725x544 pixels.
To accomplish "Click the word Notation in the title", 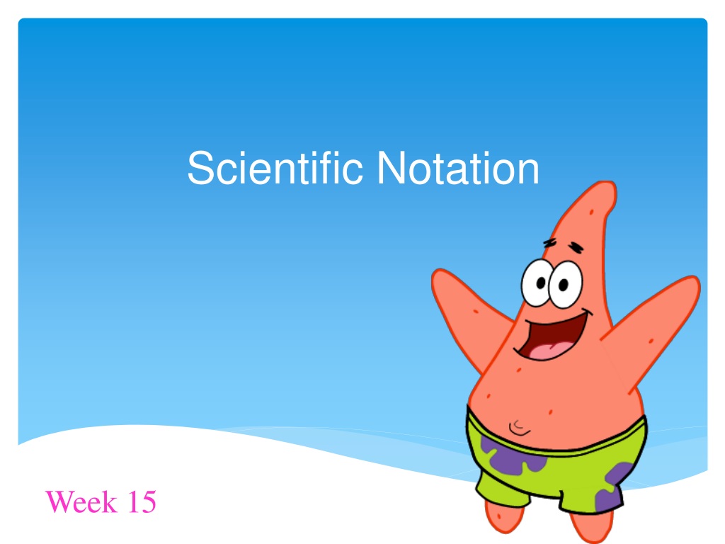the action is point(458,169).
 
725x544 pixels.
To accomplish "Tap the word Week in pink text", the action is point(81,501).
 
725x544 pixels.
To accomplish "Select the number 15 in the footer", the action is point(142,501).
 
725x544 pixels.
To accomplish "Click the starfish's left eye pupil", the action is point(542,283).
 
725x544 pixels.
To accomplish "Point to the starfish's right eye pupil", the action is point(563,285).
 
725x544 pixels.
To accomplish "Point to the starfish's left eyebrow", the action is point(549,242).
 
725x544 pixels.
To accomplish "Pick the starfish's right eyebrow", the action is point(576,247).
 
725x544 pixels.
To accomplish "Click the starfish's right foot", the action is point(592,526).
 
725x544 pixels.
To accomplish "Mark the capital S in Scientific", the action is point(200,168).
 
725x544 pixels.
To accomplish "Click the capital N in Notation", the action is point(391,167).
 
